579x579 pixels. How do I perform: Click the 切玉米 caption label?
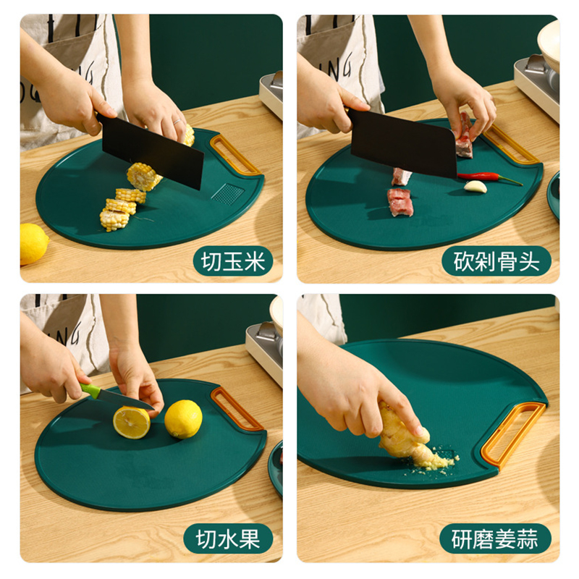pyautogui.click(x=233, y=261)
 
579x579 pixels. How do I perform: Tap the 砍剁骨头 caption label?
pyautogui.click(x=496, y=261)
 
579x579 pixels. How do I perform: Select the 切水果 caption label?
pyautogui.click(x=228, y=538)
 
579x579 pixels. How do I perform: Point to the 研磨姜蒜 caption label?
pyautogui.click(x=495, y=538)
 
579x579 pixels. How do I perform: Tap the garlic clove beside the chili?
pyautogui.click(x=476, y=187)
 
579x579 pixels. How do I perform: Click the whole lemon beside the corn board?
pyautogui.click(x=33, y=244)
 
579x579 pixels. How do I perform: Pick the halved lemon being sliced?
pyautogui.click(x=132, y=423)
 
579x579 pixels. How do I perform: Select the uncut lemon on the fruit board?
pyautogui.click(x=183, y=419)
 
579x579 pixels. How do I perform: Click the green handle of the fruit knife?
pyautogui.click(x=90, y=391)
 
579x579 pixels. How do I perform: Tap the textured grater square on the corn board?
pyautogui.click(x=228, y=193)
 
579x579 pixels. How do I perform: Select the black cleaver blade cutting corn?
pyautogui.click(x=152, y=151)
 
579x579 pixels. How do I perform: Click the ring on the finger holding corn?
pyautogui.click(x=177, y=122)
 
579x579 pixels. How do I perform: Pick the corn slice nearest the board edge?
pyautogui.click(x=114, y=220)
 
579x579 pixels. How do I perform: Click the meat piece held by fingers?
pyautogui.click(x=464, y=138)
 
